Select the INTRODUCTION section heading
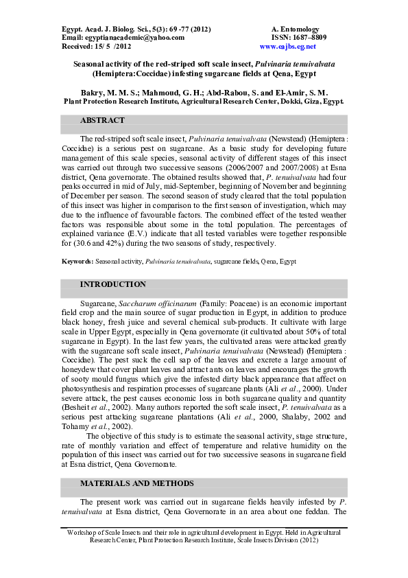tap(112, 284)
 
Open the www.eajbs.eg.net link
tap(288, 47)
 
